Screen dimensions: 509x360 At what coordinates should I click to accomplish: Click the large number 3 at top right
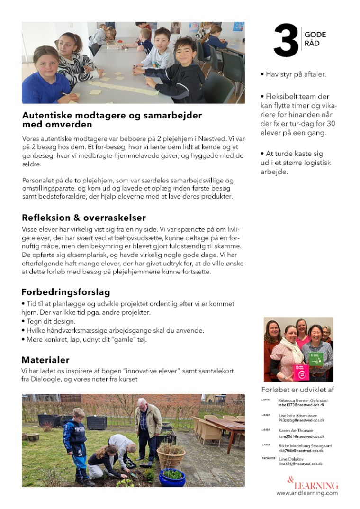[x=286, y=41]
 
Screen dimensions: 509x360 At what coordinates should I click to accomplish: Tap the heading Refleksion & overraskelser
[x=83, y=218]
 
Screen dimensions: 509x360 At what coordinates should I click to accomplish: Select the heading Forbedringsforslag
[x=65, y=292]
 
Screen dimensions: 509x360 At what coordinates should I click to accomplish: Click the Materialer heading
[x=45, y=360]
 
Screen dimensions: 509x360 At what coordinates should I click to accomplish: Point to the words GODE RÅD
[x=315, y=39]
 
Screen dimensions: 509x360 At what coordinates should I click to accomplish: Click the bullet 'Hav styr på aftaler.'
[x=293, y=74]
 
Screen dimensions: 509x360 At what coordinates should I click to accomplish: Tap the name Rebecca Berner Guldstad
[x=302, y=400]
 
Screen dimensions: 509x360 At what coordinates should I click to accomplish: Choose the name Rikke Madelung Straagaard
[x=305, y=445]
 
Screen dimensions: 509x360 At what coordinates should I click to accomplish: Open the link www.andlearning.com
[x=307, y=493]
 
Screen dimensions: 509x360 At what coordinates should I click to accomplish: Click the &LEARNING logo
[x=313, y=484]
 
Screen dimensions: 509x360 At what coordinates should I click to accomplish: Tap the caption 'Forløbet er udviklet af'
[x=297, y=390]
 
